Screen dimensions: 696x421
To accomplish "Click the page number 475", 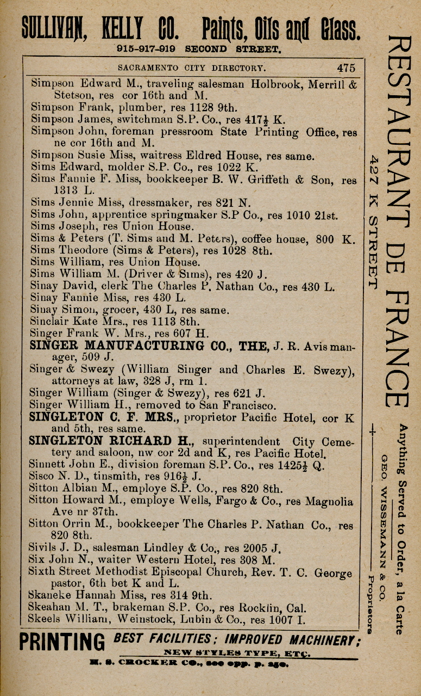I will pos(345,68).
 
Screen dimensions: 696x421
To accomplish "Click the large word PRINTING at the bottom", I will pos(62,642).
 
